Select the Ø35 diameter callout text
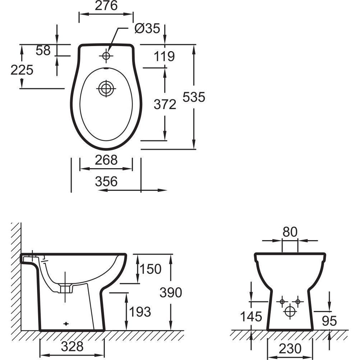click(x=147, y=28)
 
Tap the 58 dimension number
click(x=43, y=51)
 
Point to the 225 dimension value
click(x=22, y=70)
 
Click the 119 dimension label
click(x=164, y=57)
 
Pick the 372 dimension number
click(x=165, y=105)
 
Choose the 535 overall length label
click(x=194, y=97)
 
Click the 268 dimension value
click(x=106, y=160)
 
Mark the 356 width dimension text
click(x=106, y=182)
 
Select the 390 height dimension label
click(x=171, y=293)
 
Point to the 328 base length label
click(x=72, y=347)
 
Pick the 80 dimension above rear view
click(x=290, y=232)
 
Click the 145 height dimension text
click(x=251, y=317)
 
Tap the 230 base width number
click(x=290, y=348)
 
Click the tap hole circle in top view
click(x=106, y=56)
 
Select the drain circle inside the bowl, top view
click(x=106, y=88)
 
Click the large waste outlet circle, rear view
click(x=290, y=311)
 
